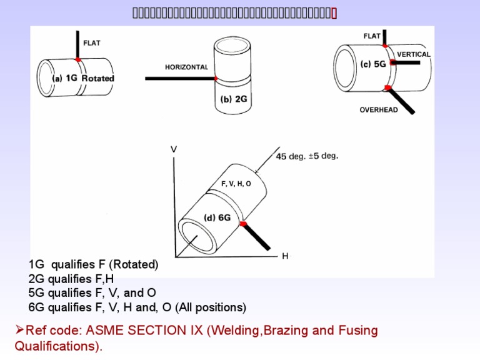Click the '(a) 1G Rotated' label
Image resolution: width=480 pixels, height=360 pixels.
pyautogui.click(x=83, y=79)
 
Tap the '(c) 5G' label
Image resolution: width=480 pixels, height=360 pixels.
pyautogui.click(x=372, y=64)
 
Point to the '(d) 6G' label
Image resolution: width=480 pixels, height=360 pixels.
pyautogui.click(x=219, y=217)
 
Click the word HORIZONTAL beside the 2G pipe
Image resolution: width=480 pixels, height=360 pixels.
pyautogui.click(x=186, y=67)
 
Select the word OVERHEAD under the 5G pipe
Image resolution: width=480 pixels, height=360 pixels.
pyautogui.click(x=379, y=110)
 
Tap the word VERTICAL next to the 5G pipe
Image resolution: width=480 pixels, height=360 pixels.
pyautogui.click(x=414, y=54)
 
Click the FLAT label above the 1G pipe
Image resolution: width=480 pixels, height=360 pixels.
pyautogui.click(x=91, y=43)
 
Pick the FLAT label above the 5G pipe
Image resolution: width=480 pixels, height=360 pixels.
pyautogui.click(x=372, y=36)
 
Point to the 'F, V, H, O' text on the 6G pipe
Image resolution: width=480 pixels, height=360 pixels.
pyautogui.click(x=236, y=184)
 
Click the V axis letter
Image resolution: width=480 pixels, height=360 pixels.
pyautogui.click(x=173, y=149)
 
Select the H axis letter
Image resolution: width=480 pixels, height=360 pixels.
pyautogui.click(x=285, y=257)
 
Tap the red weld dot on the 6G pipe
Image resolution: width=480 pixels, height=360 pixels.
pyautogui.click(x=243, y=223)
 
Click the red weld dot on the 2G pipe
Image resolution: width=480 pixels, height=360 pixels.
pyautogui.click(x=216, y=79)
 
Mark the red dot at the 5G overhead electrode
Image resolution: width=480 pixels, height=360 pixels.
pyautogui.click(x=387, y=87)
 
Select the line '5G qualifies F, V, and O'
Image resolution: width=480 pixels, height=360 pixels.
pyautogui.click(x=92, y=293)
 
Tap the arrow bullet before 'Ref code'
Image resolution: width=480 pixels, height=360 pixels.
pyautogui.click(x=19, y=330)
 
